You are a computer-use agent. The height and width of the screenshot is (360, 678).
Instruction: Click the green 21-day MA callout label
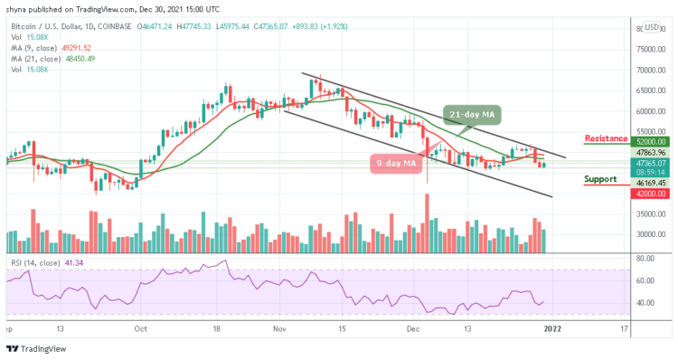pos(472,115)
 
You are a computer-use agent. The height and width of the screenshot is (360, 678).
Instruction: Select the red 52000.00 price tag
pos(649,142)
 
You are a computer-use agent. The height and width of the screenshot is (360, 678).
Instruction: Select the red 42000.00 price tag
pos(649,193)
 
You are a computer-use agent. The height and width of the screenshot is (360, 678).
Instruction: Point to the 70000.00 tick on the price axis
pos(648,71)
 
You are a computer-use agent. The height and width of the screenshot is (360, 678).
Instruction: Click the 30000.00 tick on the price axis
pos(648,234)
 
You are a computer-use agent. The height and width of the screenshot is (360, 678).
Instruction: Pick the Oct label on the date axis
pos(140,330)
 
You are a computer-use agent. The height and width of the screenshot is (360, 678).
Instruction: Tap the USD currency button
pos(651,27)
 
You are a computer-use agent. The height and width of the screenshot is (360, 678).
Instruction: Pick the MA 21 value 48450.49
pos(79,59)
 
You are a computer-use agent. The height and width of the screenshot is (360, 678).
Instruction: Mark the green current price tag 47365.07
pos(649,162)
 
